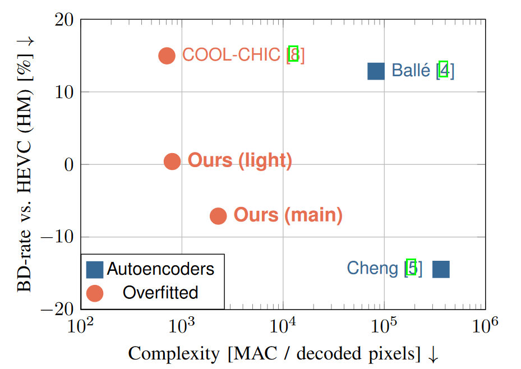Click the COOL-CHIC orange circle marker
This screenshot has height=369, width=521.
click(x=167, y=56)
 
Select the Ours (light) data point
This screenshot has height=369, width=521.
click(x=172, y=162)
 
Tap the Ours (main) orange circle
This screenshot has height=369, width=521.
click(x=218, y=216)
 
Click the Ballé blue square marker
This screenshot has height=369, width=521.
click(x=376, y=71)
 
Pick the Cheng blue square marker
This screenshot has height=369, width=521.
click(x=441, y=270)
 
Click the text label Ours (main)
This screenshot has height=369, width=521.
click(x=288, y=215)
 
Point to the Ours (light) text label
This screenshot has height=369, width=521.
click(x=239, y=160)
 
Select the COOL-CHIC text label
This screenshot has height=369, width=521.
click(x=231, y=55)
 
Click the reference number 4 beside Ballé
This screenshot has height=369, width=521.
click(x=444, y=70)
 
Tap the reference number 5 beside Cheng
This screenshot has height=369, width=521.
click(x=412, y=268)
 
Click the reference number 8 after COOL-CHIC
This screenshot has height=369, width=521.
click(x=293, y=55)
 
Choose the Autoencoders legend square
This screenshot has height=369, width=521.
click(x=95, y=270)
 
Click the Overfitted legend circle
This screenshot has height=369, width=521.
click(x=95, y=293)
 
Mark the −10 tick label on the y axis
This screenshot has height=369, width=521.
click(x=58, y=237)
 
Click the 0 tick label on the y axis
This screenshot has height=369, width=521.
click(x=70, y=165)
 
